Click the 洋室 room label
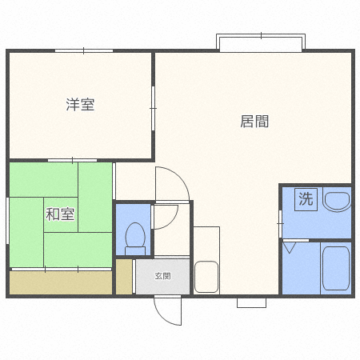pos(80,105)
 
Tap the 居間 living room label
pos(254,122)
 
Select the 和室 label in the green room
pos(60,214)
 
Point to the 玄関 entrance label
pos(162,276)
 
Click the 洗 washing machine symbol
pos(306,199)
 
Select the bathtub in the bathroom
pos(336,268)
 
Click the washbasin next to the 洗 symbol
pos(337,199)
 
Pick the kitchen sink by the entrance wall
pos(206,277)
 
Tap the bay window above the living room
pos(261,42)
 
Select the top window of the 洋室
pos(84,50)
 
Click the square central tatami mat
pos(61,214)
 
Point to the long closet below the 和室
pos(61,282)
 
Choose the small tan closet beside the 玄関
pos(124,277)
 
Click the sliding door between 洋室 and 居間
pos(153,108)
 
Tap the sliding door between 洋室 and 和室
pos(72,160)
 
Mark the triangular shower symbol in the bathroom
pos(290,247)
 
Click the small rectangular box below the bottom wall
pos(251,302)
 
